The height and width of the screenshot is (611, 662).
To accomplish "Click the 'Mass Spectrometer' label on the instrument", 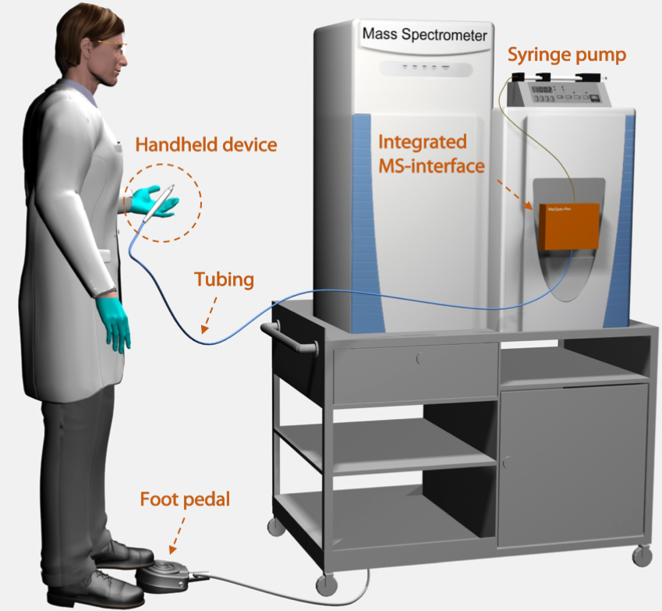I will tap(424, 35).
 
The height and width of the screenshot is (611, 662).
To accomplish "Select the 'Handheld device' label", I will tap(206, 144).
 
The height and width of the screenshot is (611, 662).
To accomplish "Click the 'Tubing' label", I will tap(224, 279).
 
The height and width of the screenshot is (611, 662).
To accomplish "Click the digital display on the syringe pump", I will tap(543, 91).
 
